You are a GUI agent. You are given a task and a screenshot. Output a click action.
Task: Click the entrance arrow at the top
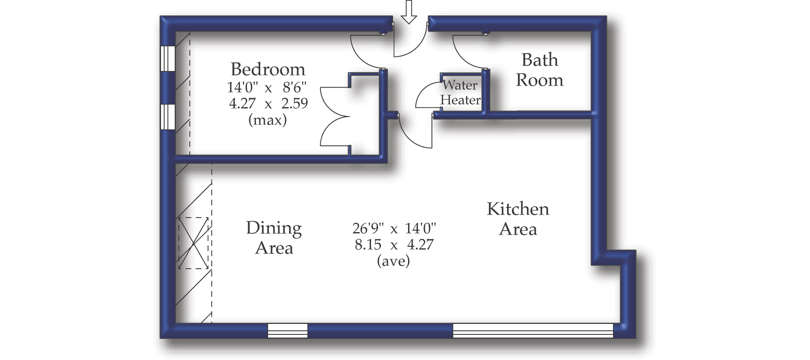pyautogui.click(x=409, y=12)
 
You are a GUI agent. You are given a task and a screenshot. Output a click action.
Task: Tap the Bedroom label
pyautogui.click(x=268, y=69)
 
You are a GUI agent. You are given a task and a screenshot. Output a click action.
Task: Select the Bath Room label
pyautogui.click(x=539, y=70)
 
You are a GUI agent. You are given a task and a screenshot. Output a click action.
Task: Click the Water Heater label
pyautogui.click(x=460, y=93)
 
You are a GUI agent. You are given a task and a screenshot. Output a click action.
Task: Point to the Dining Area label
pyautogui.click(x=274, y=238)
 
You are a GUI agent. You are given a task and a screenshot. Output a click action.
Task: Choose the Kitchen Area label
pyautogui.click(x=518, y=219)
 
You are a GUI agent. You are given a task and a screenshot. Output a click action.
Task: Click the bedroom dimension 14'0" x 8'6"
pyautogui.click(x=267, y=88)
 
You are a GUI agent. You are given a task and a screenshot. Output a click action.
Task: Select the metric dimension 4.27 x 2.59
pyautogui.click(x=268, y=104)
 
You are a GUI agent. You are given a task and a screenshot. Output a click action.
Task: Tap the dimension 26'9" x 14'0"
pyautogui.click(x=394, y=229)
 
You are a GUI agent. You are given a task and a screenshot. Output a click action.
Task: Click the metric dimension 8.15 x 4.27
pyautogui.click(x=394, y=245)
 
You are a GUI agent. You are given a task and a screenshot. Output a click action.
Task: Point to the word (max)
pyautogui.click(x=267, y=120)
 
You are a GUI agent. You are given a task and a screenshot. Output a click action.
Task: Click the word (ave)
pyautogui.click(x=394, y=261)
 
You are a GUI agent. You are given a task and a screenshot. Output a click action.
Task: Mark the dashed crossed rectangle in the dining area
pyautogui.click(x=194, y=243)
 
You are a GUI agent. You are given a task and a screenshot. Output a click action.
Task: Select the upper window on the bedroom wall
pyautogui.click(x=168, y=58)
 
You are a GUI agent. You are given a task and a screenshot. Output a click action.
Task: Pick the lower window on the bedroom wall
pyautogui.click(x=168, y=117)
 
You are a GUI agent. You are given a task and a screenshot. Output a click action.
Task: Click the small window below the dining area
pyautogui.click(x=288, y=331)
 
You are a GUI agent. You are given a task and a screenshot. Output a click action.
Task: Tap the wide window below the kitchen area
pyautogui.click(x=533, y=331)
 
